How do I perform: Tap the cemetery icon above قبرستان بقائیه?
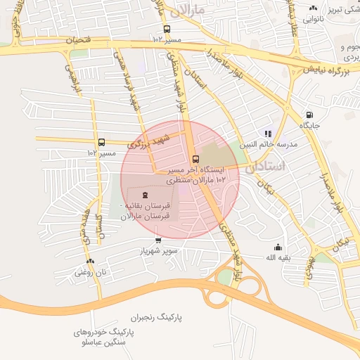[x=145, y=195]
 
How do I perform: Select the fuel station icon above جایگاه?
[x=309, y=115]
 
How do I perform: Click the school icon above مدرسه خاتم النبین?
[x=268, y=134]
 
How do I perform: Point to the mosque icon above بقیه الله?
[x=278, y=247]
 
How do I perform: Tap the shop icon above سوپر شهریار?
[x=158, y=240]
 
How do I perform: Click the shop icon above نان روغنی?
[x=91, y=260]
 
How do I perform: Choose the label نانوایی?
[x=313, y=20]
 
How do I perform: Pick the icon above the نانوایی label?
[x=313, y=8]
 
